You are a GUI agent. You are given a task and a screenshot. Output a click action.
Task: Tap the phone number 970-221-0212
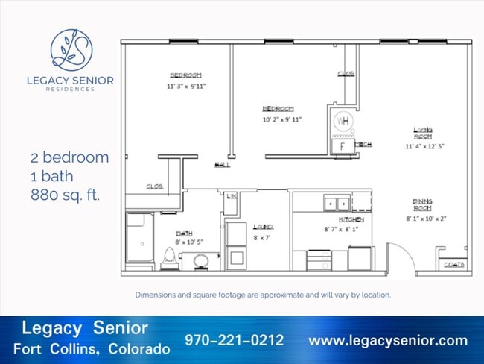pos(235,341)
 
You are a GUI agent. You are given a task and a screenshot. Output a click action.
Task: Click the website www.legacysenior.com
pos(388,341)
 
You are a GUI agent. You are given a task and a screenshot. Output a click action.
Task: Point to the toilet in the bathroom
pos(169,257)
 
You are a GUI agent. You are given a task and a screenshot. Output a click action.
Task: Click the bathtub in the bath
pos(138,238)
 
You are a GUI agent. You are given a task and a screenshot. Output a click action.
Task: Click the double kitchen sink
pos(336,203)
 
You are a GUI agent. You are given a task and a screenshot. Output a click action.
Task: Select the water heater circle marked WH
pos(343,121)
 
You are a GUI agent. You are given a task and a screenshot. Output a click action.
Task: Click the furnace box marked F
pos(343,146)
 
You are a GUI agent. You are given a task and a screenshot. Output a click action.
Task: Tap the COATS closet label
pos(453,264)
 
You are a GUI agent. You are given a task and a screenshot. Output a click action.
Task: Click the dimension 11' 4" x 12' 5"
pos(424,147)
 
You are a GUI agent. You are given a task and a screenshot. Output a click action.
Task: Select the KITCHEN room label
pos(351,220)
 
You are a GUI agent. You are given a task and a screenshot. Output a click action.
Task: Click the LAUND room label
pos(263,226)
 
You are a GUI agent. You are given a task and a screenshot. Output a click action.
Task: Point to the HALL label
pos(222,165)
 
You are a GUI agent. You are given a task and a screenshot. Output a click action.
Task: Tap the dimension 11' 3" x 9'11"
pos(185,86)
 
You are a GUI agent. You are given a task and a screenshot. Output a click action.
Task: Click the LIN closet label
pos(232,195)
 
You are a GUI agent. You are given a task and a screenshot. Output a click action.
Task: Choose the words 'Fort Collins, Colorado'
pos(91,349)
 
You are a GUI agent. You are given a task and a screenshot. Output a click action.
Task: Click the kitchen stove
pos(319,260)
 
